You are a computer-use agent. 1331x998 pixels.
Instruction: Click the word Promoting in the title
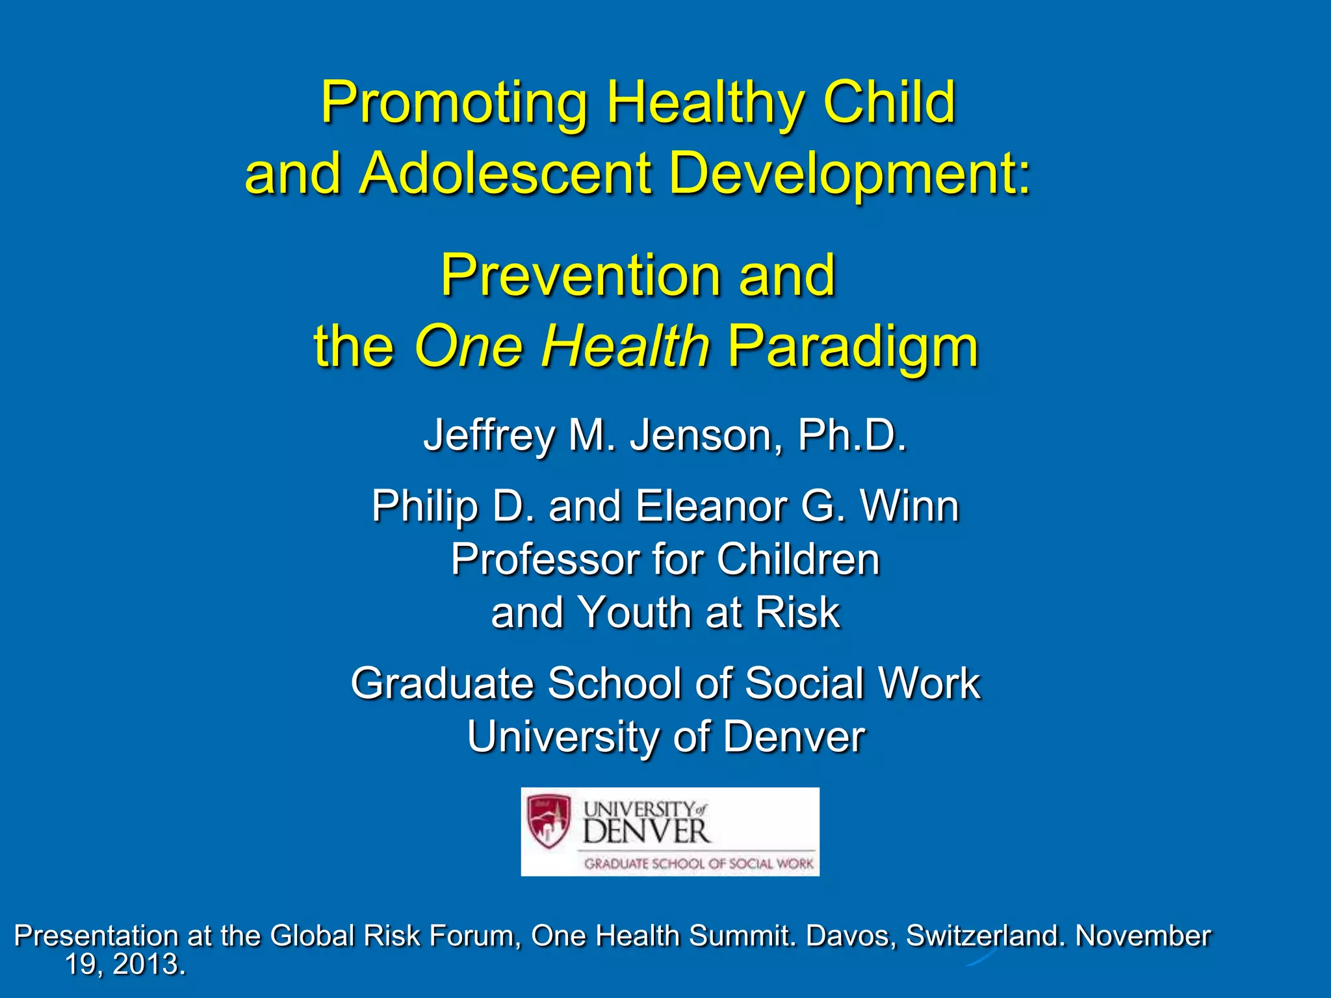(x=454, y=104)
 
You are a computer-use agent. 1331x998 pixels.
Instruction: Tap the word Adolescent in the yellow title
(x=505, y=173)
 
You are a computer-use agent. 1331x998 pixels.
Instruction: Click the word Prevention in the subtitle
(x=580, y=275)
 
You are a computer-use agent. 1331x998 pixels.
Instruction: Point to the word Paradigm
(x=852, y=346)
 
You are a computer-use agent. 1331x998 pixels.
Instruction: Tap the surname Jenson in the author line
(x=706, y=435)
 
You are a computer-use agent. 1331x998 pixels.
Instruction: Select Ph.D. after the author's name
(x=851, y=435)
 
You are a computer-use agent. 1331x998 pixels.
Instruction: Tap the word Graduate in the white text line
(x=442, y=684)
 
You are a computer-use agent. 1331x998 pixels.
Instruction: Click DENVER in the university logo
(x=645, y=832)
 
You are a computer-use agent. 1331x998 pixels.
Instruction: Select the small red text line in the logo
(x=699, y=864)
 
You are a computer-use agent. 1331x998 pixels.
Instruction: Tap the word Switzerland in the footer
(x=985, y=936)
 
